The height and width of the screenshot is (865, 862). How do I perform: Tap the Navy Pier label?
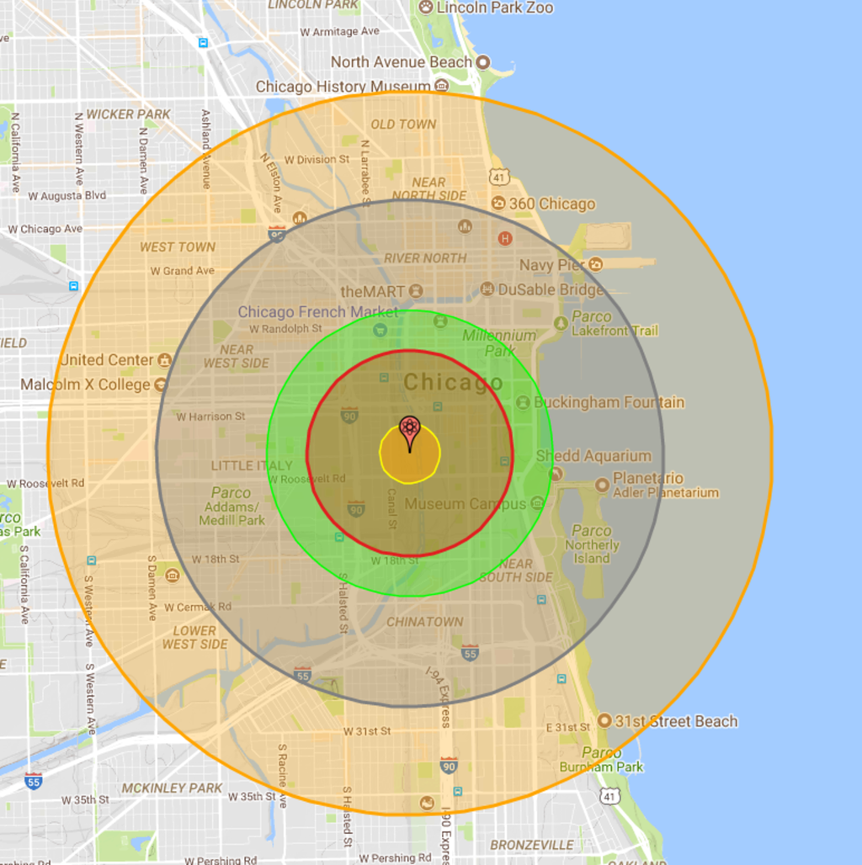click(x=551, y=265)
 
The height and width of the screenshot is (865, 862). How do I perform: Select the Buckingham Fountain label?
click(x=609, y=402)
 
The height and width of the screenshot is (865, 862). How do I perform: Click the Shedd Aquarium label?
click(x=593, y=456)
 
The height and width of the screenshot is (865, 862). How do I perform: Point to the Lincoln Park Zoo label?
click(x=495, y=8)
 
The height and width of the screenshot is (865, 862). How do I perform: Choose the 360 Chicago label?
click(x=552, y=204)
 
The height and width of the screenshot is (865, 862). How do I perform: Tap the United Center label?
click(x=107, y=360)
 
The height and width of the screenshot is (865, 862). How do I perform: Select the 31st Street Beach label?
click(x=676, y=721)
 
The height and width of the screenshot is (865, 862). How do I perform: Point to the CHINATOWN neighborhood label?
click(x=424, y=622)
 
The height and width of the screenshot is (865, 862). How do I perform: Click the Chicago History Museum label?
click(x=343, y=87)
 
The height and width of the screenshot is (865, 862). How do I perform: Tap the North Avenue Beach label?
click(x=402, y=62)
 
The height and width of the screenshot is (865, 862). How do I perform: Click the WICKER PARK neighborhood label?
click(x=128, y=114)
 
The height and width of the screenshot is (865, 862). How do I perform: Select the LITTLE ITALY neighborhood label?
click(x=252, y=465)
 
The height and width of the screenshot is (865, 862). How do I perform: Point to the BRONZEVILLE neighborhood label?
click(x=532, y=845)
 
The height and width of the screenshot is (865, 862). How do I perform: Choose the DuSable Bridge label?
click(x=551, y=289)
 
